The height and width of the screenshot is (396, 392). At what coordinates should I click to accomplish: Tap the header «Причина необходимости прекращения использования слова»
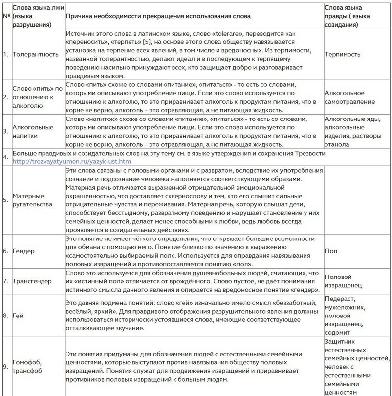pyautogui.click(x=158, y=16)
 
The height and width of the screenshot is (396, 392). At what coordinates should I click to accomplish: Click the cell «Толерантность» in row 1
pyautogui.click(x=36, y=54)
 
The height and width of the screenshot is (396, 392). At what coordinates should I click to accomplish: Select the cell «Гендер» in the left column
pyautogui.click(x=24, y=251)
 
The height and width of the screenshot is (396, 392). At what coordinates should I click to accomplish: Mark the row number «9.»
pyautogui.click(x=5, y=367)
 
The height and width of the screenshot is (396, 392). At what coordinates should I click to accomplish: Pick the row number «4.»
pyautogui.click(x=5, y=157)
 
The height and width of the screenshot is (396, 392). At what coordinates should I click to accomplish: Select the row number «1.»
pyautogui.click(x=5, y=54)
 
